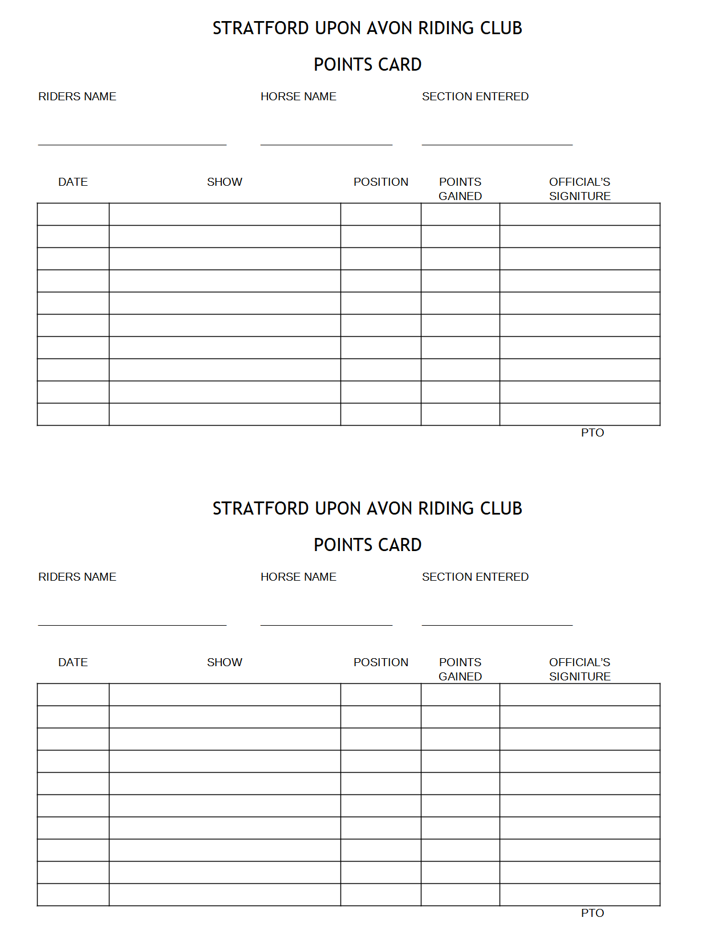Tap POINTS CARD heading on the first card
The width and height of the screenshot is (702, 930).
[367, 65]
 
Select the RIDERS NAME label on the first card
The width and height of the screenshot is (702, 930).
[77, 97]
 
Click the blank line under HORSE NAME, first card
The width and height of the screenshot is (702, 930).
[326, 144]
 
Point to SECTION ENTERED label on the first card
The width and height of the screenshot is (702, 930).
[475, 97]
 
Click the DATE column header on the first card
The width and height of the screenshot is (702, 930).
[73, 182]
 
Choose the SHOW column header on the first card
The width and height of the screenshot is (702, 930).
[225, 182]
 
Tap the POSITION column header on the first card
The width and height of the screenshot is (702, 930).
[381, 182]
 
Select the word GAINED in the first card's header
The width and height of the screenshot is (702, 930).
[460, 197]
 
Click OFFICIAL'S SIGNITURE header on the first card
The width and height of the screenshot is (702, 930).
[579, 189]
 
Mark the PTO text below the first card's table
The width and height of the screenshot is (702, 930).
[593, 433]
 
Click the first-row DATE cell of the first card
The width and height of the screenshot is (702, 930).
[73, 215]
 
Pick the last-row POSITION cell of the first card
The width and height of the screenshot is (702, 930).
[381, 414]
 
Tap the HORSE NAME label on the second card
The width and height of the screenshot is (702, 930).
[298, 577]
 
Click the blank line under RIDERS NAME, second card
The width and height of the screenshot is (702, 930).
[132, 625]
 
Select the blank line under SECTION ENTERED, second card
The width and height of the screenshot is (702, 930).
[497, 625]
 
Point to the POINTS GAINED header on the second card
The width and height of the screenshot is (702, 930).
[460, 670]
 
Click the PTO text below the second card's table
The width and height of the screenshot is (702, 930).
[593, 913]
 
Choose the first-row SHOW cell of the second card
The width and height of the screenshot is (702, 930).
[225, 695]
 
